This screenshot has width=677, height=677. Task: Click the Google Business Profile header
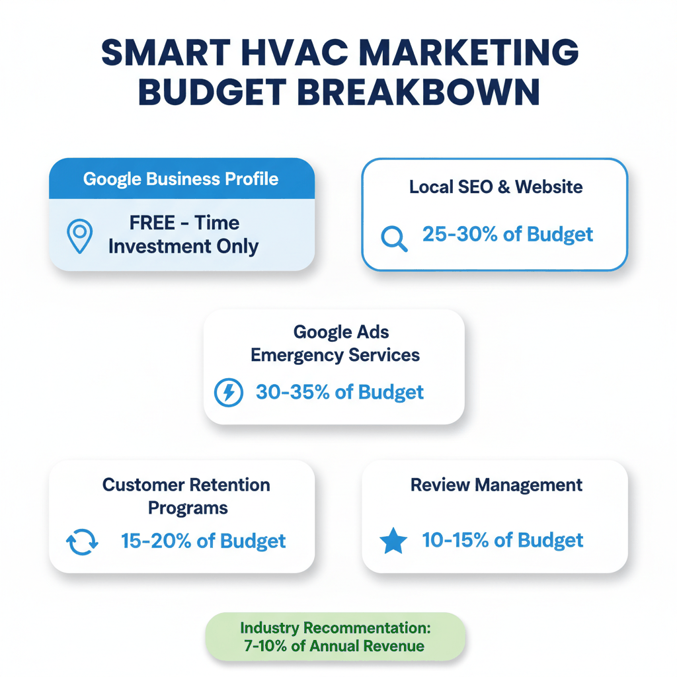coord(181,179)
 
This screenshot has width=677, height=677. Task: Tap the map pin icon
coord(80,237)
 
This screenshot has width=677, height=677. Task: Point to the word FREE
coord(152,223)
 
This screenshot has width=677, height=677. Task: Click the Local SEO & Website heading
coord(496,187)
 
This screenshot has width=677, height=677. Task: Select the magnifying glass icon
coord(395,238)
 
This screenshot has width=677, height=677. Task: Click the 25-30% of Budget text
coord(508,234)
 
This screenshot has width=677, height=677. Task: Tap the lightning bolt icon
coord(229,393)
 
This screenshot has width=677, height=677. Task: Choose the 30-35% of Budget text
coord(340,392)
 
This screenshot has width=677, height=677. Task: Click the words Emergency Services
coord(335,355)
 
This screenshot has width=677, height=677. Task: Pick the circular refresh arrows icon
coord(83,541)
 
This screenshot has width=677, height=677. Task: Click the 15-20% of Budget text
coord(204,541)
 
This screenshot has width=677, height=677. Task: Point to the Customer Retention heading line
coord(186,485)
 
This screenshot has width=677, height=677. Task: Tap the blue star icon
coord(393,541)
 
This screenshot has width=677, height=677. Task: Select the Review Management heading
coord(497,485)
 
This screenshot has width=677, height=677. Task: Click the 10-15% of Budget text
coord(502,540)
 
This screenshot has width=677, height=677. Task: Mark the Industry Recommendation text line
coord(335,627)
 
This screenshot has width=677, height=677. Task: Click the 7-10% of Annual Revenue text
coord(335,646)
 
